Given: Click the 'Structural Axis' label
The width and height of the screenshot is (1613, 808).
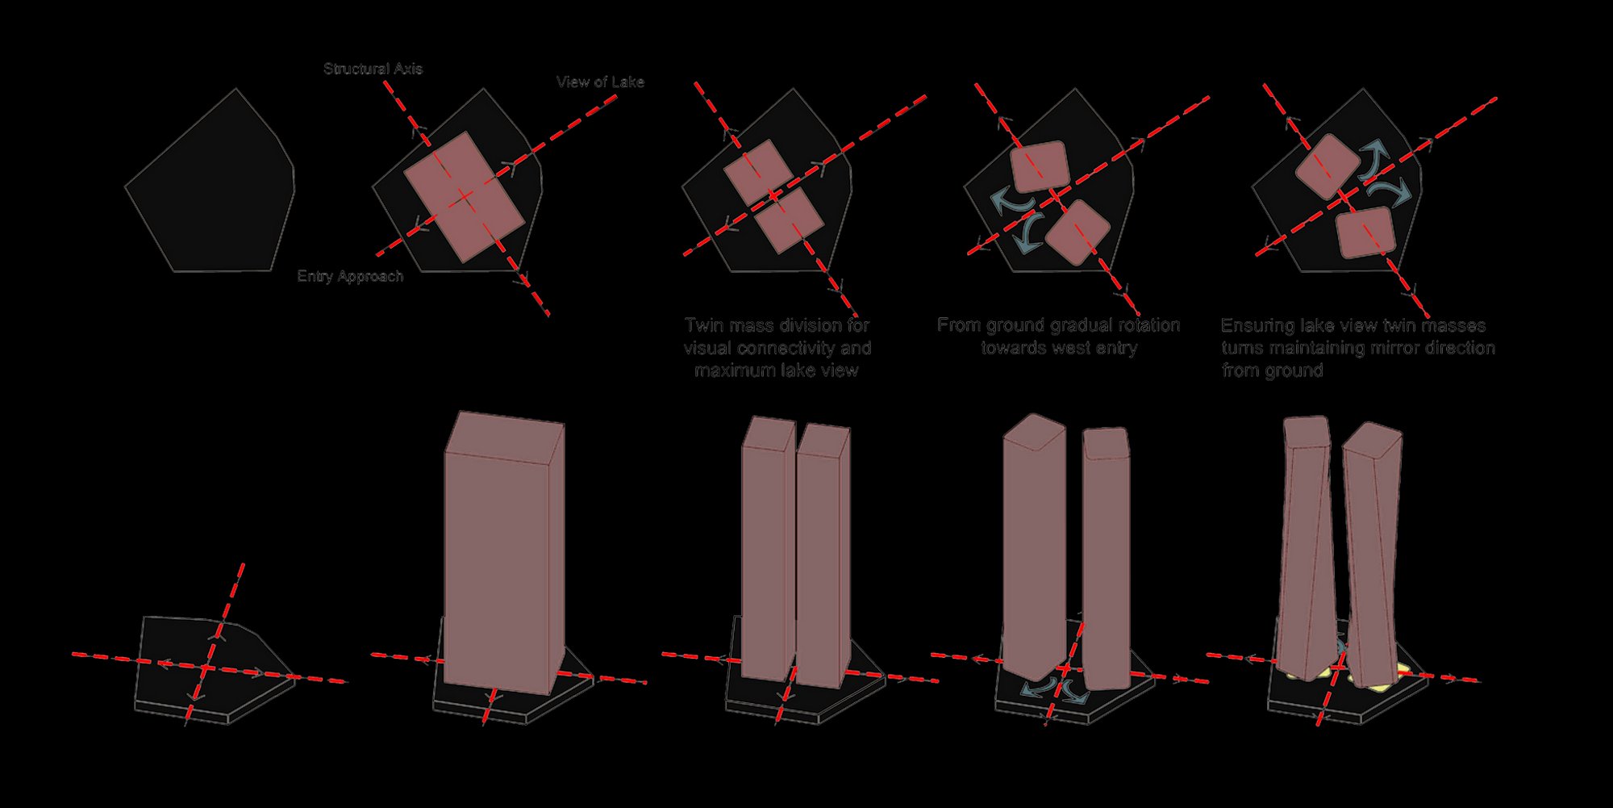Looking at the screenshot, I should point(373,69).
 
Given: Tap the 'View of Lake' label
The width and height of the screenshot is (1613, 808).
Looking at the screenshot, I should point(600,82).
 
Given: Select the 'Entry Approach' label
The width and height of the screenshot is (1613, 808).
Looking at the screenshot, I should point(350,276).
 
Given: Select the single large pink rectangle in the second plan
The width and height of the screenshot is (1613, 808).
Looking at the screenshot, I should point(464,197).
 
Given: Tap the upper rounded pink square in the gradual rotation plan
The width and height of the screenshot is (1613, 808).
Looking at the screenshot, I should point(1039,167).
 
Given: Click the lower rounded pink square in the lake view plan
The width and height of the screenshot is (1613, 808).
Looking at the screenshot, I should point(1365,232).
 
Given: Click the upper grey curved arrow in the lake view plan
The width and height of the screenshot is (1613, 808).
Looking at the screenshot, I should point(1374,158).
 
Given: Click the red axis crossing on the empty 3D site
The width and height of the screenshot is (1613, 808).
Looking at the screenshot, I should point(206,668).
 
